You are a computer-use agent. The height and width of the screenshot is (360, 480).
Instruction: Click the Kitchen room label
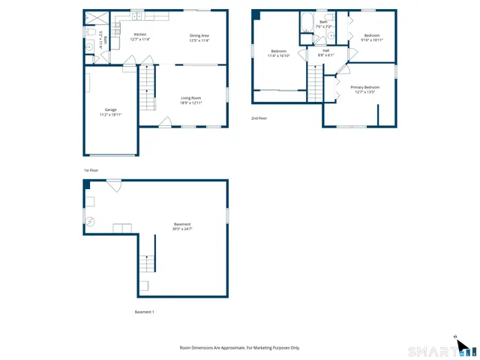pyautogui.click(x=139, y=34)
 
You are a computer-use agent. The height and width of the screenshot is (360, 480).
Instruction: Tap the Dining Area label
pyautogui.click(x=198, y=34)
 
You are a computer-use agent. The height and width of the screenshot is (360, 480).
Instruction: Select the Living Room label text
pyautogui.click(x=191, y=97)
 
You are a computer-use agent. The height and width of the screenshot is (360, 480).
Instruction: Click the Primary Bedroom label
pyautogui.click(x=365, y=87)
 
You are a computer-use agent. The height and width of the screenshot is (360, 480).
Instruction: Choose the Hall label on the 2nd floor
pyautogui.click(x=325, y=50)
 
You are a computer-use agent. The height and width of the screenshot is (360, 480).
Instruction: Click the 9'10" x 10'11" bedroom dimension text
pyautogui.click(x=373, y=40)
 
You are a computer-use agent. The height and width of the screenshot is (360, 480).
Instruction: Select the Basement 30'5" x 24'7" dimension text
pyautogui.click(x=182, y=228)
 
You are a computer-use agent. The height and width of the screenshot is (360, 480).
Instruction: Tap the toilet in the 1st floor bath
pyautogui.click(x=88, y=33)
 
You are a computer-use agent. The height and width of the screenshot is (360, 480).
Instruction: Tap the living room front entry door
pyautogui.click(x=163, y=121)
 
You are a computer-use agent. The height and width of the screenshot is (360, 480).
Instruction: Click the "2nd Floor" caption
pyautogui.click(x=259, y=118)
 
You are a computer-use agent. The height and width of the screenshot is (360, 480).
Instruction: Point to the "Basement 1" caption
pyautogui.click(x=144, y=311)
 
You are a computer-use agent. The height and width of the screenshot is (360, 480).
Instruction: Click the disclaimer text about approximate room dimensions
pyautogui.click(x=239, y=347)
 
